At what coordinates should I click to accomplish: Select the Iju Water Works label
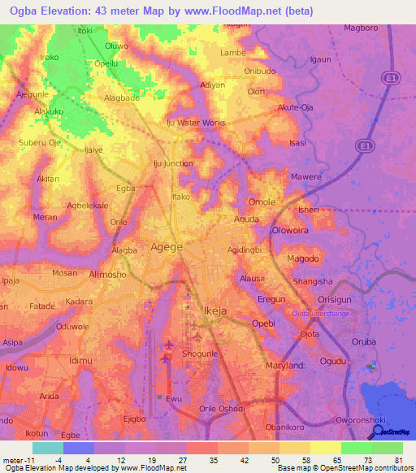(196, 123)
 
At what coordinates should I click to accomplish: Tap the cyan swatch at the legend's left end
(48, 447)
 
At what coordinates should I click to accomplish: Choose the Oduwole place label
(72, 326)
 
